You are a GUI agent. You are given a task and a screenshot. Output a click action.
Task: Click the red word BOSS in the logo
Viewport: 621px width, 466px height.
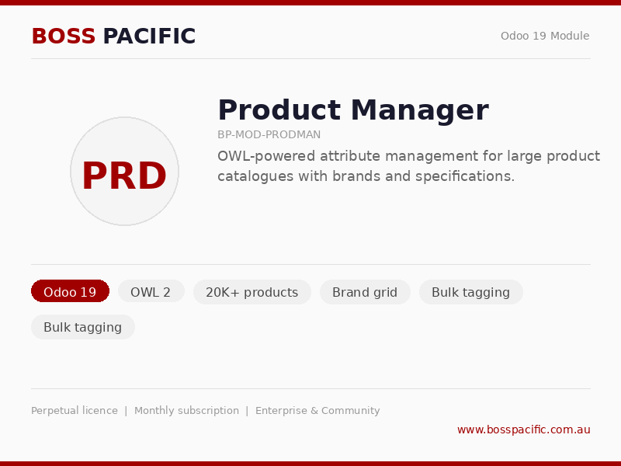(x=64, y=37)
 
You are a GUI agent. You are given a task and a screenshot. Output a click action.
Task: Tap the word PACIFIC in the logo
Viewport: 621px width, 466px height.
(x=149, y=37)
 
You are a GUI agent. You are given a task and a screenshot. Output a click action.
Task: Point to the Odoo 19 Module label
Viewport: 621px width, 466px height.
(x=544, y=36)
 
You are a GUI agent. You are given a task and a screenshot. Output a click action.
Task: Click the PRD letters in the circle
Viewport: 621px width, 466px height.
(x=124, y=176)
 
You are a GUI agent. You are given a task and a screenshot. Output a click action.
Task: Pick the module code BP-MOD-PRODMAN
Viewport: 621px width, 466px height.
(x=269, y=134)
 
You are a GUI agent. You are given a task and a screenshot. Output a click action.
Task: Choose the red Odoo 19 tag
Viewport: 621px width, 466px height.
(x=70, y=292)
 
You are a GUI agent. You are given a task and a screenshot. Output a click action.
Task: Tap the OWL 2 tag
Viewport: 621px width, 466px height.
(x=151, y=292)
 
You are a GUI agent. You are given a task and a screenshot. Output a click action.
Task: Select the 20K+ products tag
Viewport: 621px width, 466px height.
(x=252, y=292)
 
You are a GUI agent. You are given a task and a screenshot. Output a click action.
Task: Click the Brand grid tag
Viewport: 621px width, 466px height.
(x=365, y=292)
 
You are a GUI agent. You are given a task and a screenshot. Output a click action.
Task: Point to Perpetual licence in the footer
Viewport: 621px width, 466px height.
(x=75, y=411)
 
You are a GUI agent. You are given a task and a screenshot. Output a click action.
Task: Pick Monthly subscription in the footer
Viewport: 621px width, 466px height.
(x=186, y=411)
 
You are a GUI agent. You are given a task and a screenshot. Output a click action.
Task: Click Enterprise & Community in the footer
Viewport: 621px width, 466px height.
(x=317, y=411)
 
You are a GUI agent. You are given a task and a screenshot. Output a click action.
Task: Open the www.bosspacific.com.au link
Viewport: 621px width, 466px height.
(x=523, y=429)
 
